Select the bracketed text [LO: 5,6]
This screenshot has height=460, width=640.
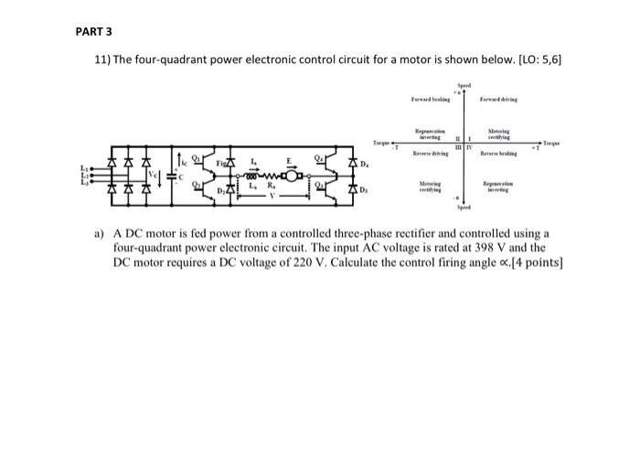click(528, 60)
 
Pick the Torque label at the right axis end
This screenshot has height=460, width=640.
click(553, 143)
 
